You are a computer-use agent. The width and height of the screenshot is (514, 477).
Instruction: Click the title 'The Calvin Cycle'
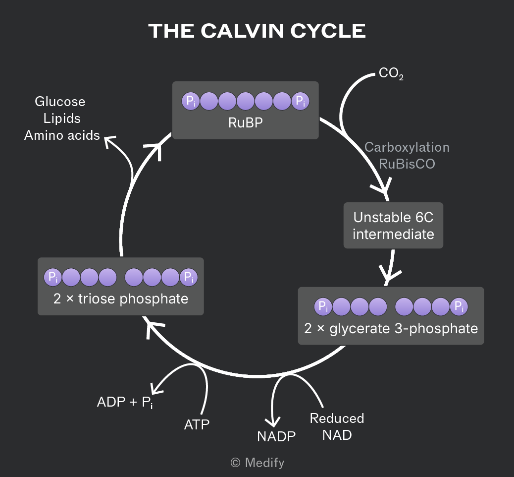point(257,31)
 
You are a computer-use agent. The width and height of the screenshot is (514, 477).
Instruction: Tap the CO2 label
point(391,73)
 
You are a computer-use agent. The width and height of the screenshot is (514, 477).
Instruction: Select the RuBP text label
point(246,123)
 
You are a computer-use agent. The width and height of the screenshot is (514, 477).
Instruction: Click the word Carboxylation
point(407,147)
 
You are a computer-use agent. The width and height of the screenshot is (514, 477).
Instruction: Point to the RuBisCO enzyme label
point(407,164)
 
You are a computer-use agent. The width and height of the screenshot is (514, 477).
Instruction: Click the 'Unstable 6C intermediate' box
point(393,226)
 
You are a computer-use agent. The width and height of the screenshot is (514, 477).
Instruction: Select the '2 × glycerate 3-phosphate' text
point(391,329)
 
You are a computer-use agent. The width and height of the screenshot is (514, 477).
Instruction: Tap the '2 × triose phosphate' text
point(121,299)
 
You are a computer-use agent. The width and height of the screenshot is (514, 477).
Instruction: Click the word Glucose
point(60,102)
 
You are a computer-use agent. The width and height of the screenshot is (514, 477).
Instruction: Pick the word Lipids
point(62,119)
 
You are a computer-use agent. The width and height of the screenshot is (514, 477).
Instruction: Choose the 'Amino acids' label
point(62,135)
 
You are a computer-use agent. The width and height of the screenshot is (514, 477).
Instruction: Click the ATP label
point(197,425)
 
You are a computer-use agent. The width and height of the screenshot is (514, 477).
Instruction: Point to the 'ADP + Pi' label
point(125,402)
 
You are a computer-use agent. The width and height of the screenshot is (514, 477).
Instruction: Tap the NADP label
point(276,437)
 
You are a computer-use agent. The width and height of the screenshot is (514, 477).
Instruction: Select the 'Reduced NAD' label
point(337,427)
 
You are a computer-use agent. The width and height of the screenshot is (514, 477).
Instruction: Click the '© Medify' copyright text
point(257,463)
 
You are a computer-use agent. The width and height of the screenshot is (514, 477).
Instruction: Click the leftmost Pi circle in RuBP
point(191,101)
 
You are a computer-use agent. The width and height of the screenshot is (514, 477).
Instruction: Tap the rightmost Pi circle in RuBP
point(300,101)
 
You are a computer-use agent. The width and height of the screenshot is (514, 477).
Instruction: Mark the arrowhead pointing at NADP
point(273,422)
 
